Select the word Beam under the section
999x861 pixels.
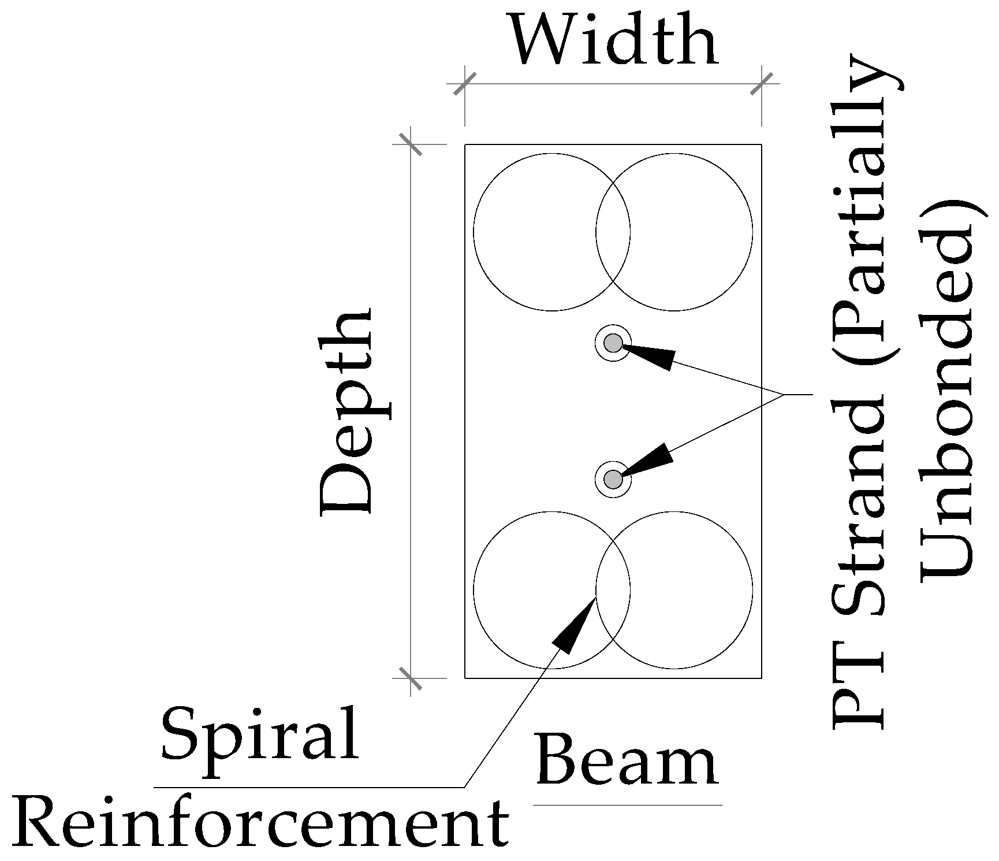pos(627,759)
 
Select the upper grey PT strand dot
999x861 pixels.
pos(613,343)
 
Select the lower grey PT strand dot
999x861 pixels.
pos(613,479)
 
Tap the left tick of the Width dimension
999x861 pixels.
pos(465,84)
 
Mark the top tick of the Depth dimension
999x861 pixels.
pos(411,144)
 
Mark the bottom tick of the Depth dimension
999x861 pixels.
pos(411,678)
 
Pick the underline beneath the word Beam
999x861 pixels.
pos(627,805)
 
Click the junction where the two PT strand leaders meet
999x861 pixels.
pos(783,395)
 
